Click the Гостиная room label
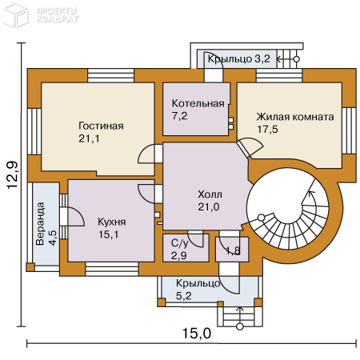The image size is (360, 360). click(x=101, y=126)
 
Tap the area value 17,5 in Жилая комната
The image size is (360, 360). click(x=267, y=129)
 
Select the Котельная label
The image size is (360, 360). click(x=198, y=103)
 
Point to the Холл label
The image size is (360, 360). click(x=210, y=194)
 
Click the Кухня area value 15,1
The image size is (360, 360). click(x=109, y=234)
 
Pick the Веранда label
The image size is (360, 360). click(x=40, y=224)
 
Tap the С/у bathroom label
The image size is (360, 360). click(x=180, y=243)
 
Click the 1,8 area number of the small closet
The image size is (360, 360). click(x=233, y=250)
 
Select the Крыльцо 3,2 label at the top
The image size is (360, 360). click(x=238, y=58)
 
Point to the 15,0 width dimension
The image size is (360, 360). click(x=197, y=334)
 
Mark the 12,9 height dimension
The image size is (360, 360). click(x=13, y=175)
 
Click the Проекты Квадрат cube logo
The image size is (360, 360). click(x=15, y=14)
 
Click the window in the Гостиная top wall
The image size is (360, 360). click(x=110, y=75)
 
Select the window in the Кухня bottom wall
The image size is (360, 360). click(x=112, y=269)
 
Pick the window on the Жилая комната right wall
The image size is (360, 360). click(x=349, y=130)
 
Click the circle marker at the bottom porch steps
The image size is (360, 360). click(x=240, y=326)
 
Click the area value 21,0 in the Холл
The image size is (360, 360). click(x=209, y=206)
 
